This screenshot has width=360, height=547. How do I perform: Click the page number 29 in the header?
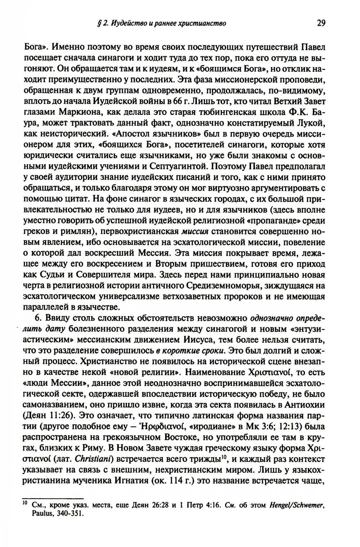coord(321,24)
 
